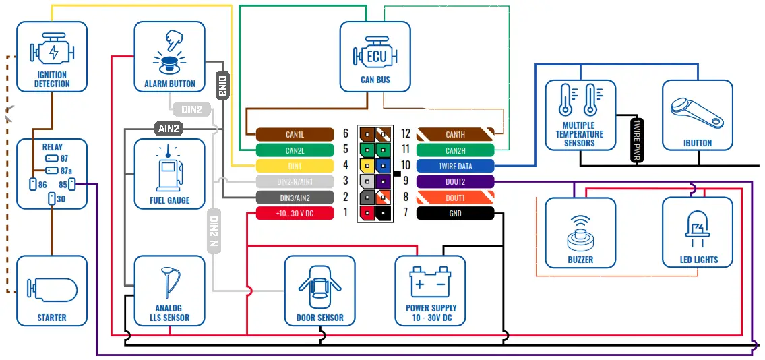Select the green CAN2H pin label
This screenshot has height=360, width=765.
[455, 150]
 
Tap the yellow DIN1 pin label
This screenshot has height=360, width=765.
[295, 165]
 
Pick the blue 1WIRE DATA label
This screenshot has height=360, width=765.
[455, 166]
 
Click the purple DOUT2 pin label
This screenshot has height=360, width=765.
[455, 181]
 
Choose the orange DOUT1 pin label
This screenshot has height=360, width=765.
[455, 198]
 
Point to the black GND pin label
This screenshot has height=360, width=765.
[455, 214]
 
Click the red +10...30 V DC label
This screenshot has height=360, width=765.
[295, 214]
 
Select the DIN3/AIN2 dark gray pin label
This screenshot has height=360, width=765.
[295, 198]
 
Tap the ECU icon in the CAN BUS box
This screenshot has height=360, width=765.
[375, 55]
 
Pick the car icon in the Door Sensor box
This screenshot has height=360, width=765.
[319, 286]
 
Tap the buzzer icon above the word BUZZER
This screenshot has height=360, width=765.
[580, 233]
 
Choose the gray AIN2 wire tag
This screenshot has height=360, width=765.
[169, 127]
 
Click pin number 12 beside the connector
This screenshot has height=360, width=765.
[406, 134]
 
